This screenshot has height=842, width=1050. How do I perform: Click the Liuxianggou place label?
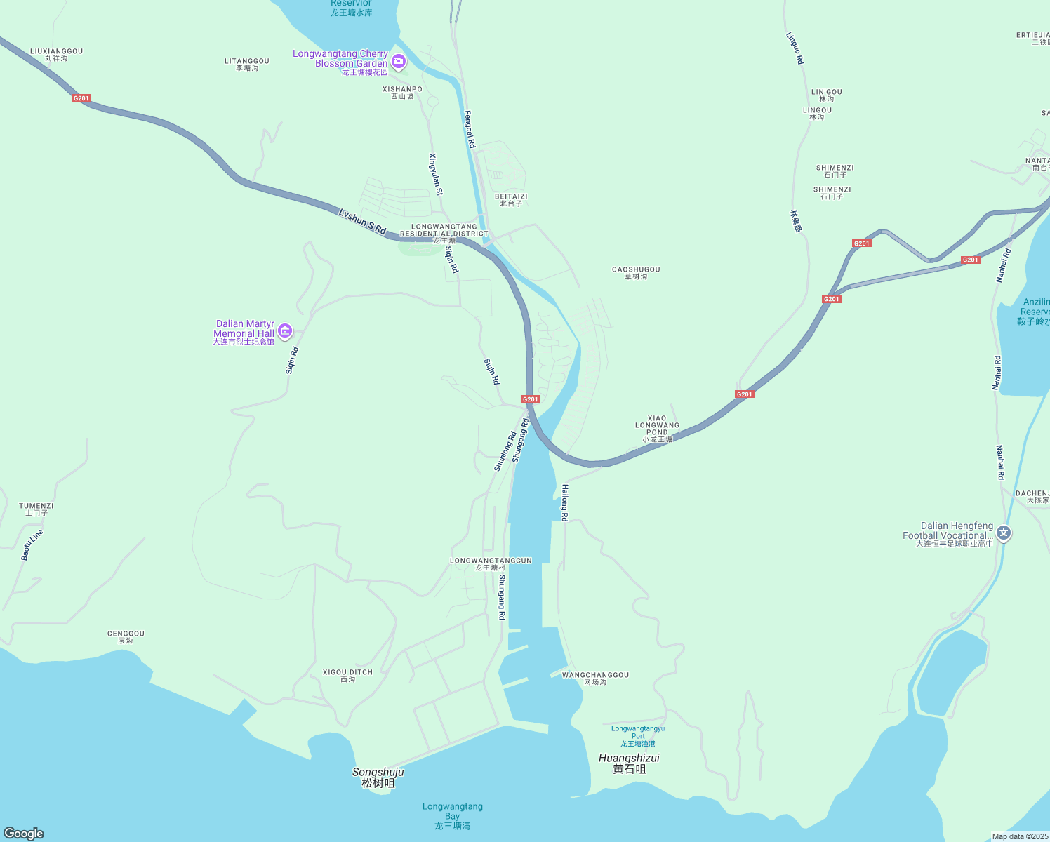click(x=56, y=55)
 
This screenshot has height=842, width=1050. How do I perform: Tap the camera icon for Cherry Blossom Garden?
click(x=399, y=62)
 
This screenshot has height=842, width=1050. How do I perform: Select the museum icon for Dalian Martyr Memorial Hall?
click(x=284, y=331)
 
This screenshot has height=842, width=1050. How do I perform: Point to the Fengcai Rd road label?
click(x=470, y=129)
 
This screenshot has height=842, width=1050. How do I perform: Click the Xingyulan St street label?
click(x=436, y=174)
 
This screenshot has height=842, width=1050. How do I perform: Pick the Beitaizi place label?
click(x=511, y=200)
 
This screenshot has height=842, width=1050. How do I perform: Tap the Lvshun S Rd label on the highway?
click(x=362, y=221)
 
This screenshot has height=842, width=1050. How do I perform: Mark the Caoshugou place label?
click(x=636, y=273)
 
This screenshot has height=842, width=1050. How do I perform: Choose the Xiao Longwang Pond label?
click(x=658, y=428)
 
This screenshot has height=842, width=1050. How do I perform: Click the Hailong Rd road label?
click(x=564, y=502)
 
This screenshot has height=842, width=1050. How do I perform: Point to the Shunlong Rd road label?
click(x=505, y=451)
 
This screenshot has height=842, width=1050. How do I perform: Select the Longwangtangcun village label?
click(x=491, y=564)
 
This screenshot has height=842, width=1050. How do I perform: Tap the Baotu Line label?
click(x=32, y=545)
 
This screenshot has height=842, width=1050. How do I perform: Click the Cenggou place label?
click(x=126, y=637)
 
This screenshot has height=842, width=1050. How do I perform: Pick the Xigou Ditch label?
click(x=347, y=676)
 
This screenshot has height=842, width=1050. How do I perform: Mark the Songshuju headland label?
click(x=378, y=777)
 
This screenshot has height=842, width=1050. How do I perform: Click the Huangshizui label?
click(x=629, y=763)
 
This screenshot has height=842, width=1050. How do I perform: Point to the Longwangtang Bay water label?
click(x=453, y=816)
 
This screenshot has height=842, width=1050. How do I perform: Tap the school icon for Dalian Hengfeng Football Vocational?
click(x=1004, y=534)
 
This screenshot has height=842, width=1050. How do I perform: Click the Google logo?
click(x=24, y=834)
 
